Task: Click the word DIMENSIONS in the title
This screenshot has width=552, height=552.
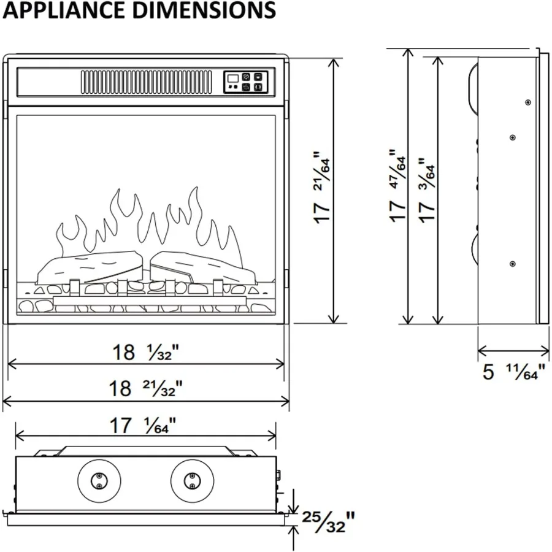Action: [204, 10]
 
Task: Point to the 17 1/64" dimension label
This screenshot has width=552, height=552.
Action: [142, 425]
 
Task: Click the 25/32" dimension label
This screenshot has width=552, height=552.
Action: [328, 522]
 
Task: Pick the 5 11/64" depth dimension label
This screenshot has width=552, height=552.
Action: [513, 372]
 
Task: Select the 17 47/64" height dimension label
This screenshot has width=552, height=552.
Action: [397, 186]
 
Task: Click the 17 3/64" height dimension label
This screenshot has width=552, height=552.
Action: [426, 190]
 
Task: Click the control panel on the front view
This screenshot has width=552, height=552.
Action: [246, 82]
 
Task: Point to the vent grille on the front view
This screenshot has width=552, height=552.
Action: [147, 82]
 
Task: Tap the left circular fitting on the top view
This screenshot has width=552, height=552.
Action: [99, 481]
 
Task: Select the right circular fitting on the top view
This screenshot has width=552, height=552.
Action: [192, 481]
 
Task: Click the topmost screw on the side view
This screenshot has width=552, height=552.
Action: [527, 102]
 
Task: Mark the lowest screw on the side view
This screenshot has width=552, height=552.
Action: [513, 264]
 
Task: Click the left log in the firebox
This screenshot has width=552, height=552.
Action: [90, 267]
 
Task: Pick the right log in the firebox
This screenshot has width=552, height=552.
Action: [203, 267]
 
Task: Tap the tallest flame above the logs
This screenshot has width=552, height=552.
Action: [194, 219]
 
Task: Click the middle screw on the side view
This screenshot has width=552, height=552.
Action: [513, 137]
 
